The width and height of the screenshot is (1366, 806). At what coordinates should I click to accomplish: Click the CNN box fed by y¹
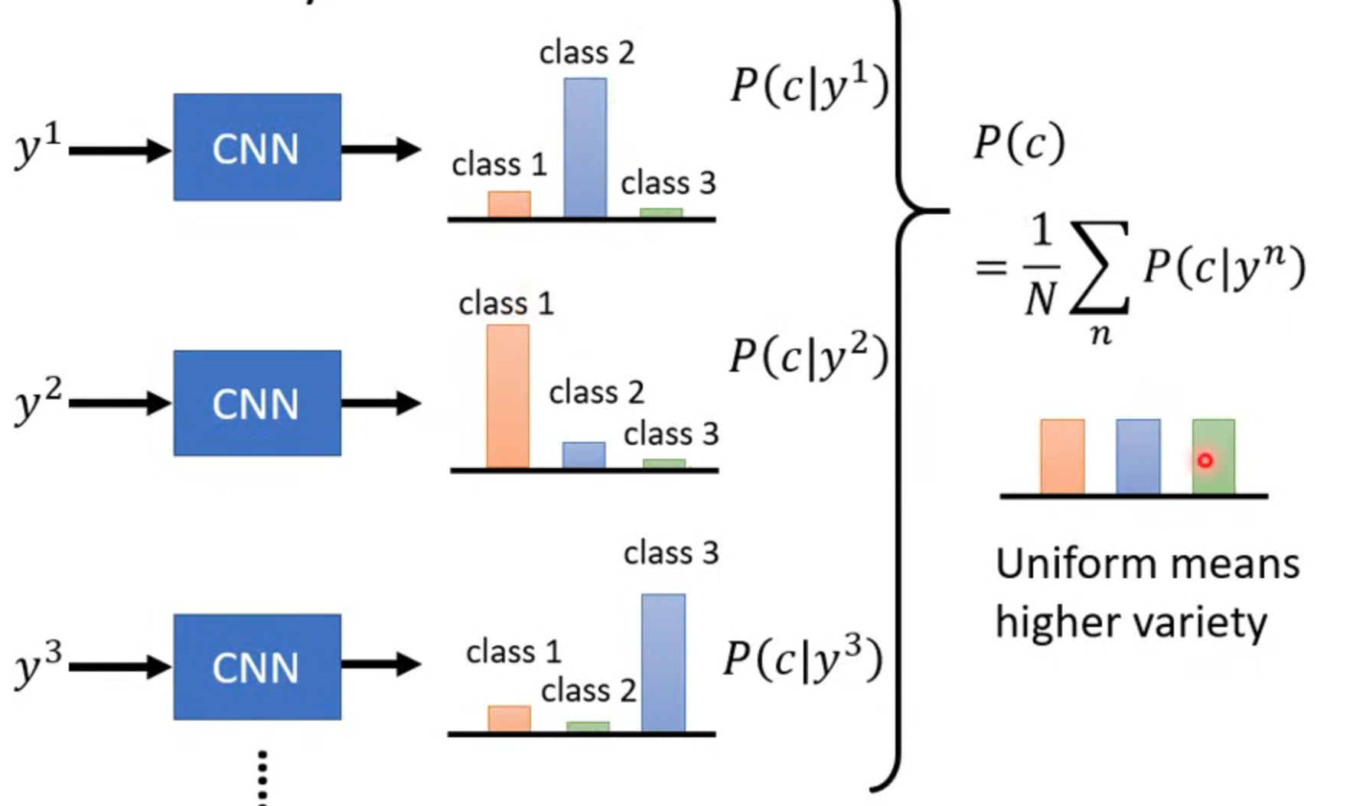pos(257,148)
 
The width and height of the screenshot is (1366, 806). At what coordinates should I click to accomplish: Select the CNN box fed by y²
pos(257,403)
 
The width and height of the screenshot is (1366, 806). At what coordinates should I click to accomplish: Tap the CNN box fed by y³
pos(257,667)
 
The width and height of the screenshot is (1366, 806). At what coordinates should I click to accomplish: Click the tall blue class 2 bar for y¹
pos(585,148)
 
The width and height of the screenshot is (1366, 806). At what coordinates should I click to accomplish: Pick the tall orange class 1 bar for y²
pos(507,396)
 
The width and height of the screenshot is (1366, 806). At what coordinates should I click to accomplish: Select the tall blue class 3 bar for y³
pos(663,662)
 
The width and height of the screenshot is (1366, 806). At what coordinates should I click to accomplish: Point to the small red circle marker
pos(1205,460)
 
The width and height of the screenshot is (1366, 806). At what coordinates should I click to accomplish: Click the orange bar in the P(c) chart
pos(1062,457)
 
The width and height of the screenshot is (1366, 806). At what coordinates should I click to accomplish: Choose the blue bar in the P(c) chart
pos(1138,457)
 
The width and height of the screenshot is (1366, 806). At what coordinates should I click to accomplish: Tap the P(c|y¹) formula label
pos(809,86)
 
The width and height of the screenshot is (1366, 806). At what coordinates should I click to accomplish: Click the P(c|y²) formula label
pos(809,356)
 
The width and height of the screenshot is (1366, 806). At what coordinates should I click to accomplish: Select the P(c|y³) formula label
pos(804,658)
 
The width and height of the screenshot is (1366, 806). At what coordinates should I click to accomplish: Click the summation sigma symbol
pos(1100,268)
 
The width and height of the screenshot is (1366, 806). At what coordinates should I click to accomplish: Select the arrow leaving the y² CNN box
pos(380,403)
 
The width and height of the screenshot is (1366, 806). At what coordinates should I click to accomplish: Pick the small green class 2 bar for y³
pos(588,726)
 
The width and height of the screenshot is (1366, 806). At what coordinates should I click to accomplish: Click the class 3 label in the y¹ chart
pos(668,184)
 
